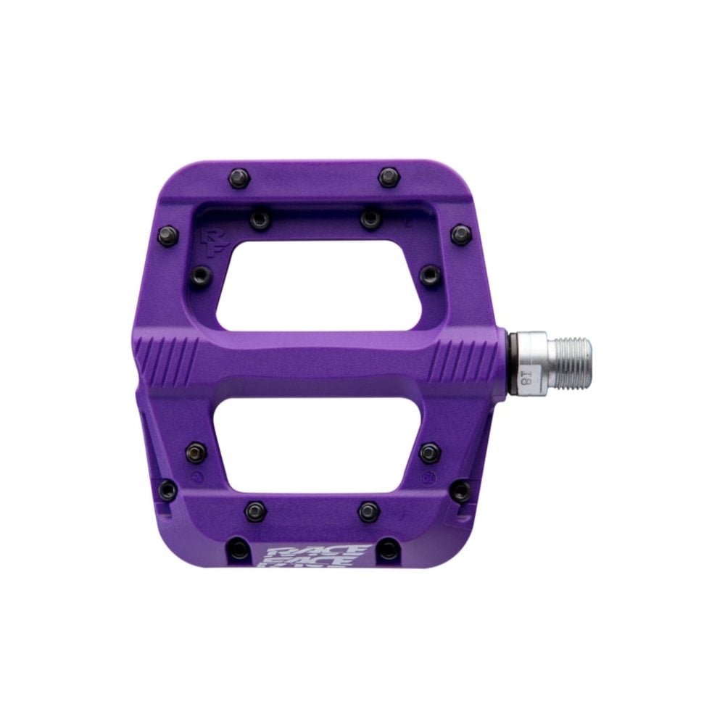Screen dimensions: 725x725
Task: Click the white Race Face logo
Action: pos(311,558)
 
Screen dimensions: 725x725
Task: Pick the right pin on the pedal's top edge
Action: pos(388,176)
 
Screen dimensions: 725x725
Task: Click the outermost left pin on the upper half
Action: pos(167,234)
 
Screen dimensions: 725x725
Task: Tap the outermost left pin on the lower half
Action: pos(167,489)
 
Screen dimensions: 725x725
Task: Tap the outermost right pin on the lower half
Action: pos(460,491)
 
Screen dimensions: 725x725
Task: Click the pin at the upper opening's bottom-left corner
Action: pos(202,275)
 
